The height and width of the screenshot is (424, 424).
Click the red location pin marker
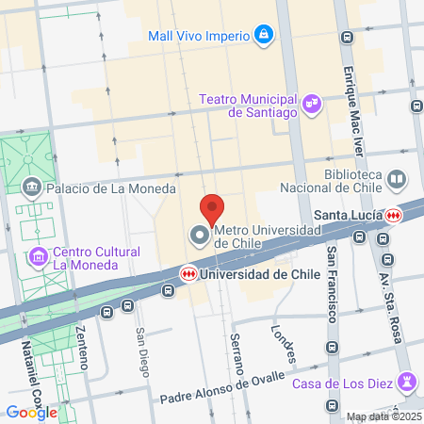(213, 207)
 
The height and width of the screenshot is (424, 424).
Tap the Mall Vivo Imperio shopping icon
(265, 37)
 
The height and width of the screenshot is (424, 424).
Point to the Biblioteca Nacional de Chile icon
(398, 178)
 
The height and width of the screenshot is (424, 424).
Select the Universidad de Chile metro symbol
(189, 273)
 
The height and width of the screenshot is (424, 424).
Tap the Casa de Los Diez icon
(407, 381)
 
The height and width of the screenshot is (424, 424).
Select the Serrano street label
(237, 351)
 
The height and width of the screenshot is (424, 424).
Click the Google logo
(31, 412)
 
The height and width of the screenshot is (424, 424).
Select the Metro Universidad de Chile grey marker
(200, 236)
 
